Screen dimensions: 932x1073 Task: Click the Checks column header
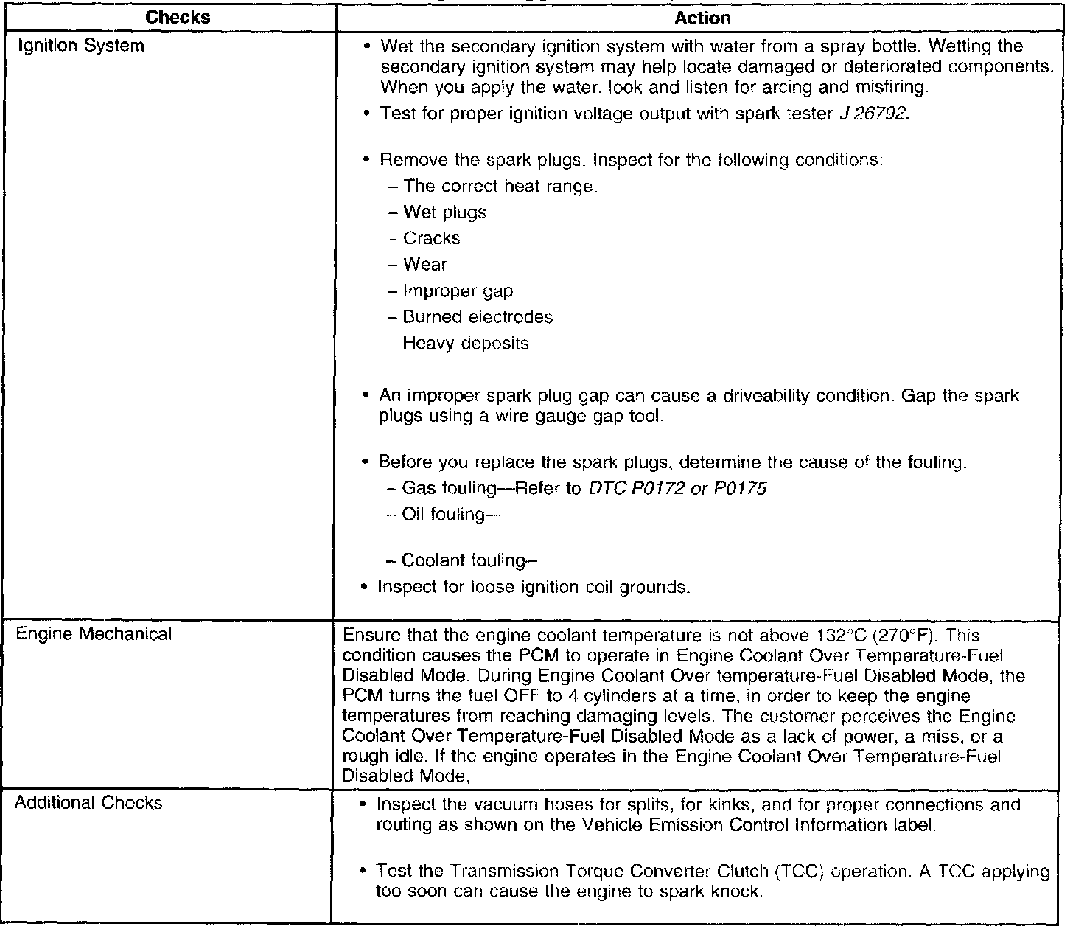click(178, 18)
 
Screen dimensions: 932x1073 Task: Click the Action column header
click(702, 18)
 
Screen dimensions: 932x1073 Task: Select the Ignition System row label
click(80, 46)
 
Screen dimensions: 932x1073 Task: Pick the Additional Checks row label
click(88, 803)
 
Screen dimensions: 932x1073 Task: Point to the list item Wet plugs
click(444, 212)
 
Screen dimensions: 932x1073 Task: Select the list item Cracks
click(431, 238)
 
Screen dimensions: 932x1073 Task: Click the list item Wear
click(424, 265)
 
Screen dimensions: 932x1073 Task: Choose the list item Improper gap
click(457, 291)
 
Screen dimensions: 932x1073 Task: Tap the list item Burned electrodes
click(478, 317)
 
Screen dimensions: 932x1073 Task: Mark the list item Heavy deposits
click(465, 344)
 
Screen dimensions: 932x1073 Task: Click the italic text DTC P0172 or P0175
click(677, 488)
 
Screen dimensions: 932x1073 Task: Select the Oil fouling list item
click(443, 515)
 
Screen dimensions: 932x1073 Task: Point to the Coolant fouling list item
click(464, 561)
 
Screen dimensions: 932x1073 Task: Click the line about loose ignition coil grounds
click(534, 587)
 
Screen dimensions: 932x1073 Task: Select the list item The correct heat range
click(499, 187)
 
